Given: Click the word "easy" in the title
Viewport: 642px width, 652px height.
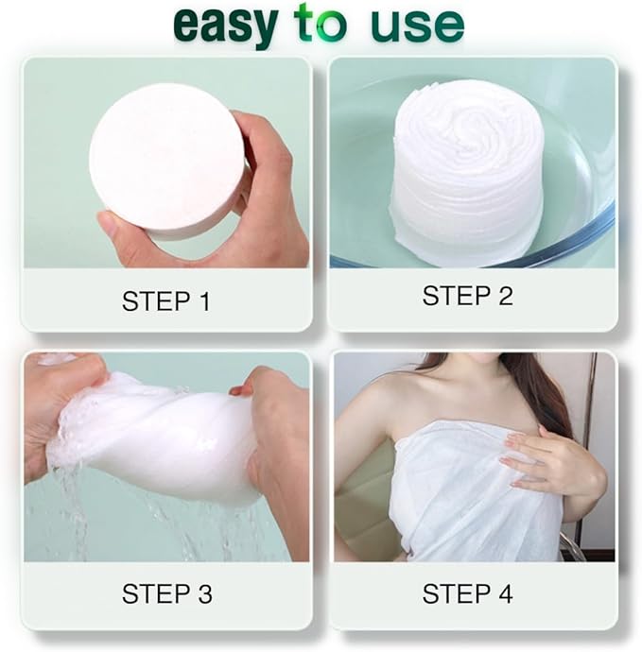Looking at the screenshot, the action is point(226,26).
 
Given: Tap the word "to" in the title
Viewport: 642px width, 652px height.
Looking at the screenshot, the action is point(320,22).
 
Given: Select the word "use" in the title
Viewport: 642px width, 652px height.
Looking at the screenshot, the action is point(417,26).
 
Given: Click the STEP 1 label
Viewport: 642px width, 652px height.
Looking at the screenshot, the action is point(166,301).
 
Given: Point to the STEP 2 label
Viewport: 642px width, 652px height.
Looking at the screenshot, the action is point(467,296).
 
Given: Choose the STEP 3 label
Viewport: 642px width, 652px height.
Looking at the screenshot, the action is point(166,593).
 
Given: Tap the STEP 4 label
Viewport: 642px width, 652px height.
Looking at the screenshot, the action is point(467,593).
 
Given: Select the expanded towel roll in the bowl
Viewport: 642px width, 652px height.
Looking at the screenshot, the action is point(467,173).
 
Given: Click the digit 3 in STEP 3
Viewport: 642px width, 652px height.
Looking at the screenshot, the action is point(205,593).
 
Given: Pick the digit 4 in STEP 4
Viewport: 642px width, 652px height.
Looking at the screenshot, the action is point(505,593).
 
